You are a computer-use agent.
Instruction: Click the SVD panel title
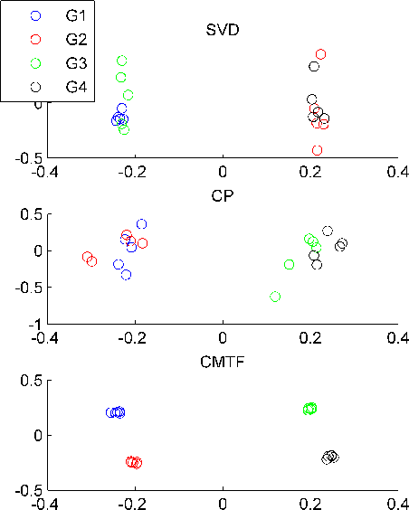coord(222,31)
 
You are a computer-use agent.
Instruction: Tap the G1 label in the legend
coord(77,15)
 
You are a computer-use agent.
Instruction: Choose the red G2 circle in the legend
coord(35,39)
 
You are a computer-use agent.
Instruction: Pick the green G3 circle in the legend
coord(35,63)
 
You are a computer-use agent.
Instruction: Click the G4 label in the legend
coord(77,87)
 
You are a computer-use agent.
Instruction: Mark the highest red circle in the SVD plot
coord(320,54)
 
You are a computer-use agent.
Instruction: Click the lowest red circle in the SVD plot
coord(317,150)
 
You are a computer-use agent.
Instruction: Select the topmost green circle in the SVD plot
coord(122,61)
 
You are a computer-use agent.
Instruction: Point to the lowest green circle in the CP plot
coord(275,297)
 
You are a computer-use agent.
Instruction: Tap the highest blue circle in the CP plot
coord(141,223)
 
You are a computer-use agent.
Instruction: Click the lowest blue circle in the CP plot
coord(126,275)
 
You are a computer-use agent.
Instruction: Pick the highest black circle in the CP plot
coord(328,231)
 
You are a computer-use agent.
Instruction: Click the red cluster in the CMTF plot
coord(134,462)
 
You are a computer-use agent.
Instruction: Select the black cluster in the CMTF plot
coord(330,458)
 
